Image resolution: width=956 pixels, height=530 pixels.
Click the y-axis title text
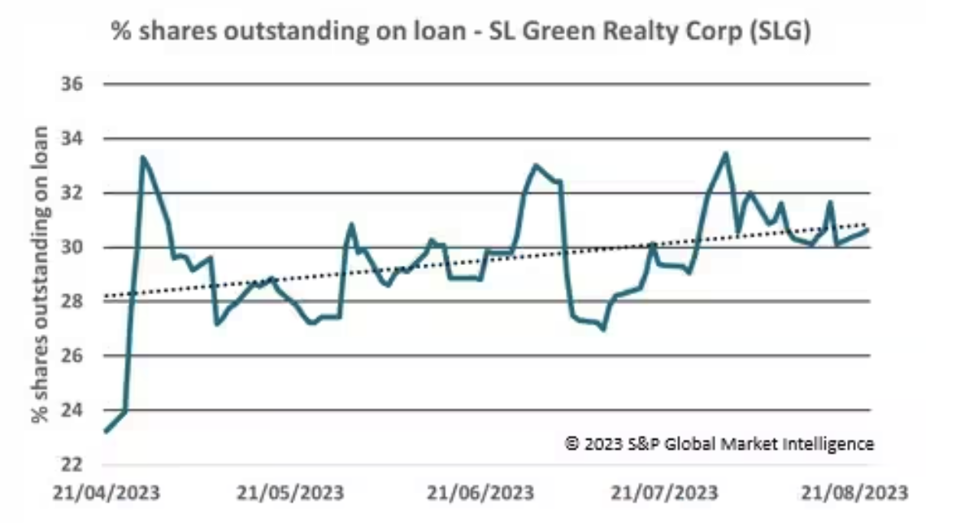click(40, 275)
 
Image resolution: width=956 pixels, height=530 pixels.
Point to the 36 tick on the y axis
click(82, 85)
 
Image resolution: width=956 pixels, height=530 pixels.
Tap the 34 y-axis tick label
click(82, 139)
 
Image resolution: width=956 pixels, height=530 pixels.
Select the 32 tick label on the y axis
click(82, 193)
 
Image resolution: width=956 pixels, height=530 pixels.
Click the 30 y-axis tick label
click(82, 248)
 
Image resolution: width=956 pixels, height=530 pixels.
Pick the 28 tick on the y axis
click(82, 302)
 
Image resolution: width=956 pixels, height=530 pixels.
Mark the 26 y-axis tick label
click(82, 356)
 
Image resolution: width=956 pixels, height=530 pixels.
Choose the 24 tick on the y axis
click(82, 411)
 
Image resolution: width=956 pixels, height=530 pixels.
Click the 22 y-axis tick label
click(82, 465)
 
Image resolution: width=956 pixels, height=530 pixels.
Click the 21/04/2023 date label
click(107, 493)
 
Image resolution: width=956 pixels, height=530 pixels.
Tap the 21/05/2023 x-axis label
click(291, 493)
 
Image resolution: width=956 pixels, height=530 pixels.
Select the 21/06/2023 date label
click(481, 493)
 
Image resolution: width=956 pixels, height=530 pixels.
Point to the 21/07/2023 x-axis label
click(665, 493)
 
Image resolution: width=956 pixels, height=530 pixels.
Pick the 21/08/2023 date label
click(854, 493)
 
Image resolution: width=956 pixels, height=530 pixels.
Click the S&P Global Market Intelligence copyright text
click(719, 444)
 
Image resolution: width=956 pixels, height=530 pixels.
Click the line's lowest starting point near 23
click(106, 431)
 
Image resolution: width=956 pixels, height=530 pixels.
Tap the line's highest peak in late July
click(726, 153)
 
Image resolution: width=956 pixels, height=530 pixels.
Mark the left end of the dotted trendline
click(106, 297)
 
